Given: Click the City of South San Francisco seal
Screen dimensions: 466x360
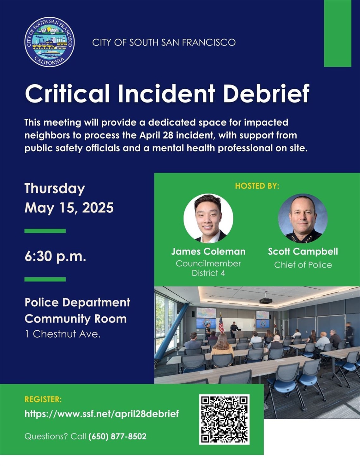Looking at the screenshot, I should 50,42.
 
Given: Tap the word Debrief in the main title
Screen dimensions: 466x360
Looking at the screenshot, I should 266,94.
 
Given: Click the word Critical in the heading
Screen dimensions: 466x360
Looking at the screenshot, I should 67,94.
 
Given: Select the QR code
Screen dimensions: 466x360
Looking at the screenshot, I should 224,419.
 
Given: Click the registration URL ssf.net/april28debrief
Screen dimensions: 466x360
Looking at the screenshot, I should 102,414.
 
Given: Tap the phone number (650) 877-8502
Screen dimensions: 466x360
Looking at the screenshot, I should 117,436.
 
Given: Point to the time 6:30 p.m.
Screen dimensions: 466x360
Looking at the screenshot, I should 55,256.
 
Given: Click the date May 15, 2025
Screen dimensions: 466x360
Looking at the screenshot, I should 69,208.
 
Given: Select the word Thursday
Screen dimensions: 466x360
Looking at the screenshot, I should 55,189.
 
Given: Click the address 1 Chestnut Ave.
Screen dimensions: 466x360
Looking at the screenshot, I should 63,334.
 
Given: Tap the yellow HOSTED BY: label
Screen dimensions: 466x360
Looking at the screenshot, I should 257,186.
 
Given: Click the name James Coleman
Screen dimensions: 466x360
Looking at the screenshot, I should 208,251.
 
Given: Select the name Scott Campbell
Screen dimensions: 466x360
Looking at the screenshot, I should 303,251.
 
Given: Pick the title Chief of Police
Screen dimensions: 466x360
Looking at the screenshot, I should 303,265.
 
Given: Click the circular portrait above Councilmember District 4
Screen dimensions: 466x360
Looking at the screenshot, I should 208,218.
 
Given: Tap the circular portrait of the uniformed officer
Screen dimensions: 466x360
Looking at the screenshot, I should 303,218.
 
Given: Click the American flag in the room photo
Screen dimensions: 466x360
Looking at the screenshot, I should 221,324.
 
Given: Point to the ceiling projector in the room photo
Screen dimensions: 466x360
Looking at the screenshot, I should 266,300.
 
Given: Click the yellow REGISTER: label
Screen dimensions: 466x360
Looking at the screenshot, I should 43,399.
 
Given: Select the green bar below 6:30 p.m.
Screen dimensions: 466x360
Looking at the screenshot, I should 45,279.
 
